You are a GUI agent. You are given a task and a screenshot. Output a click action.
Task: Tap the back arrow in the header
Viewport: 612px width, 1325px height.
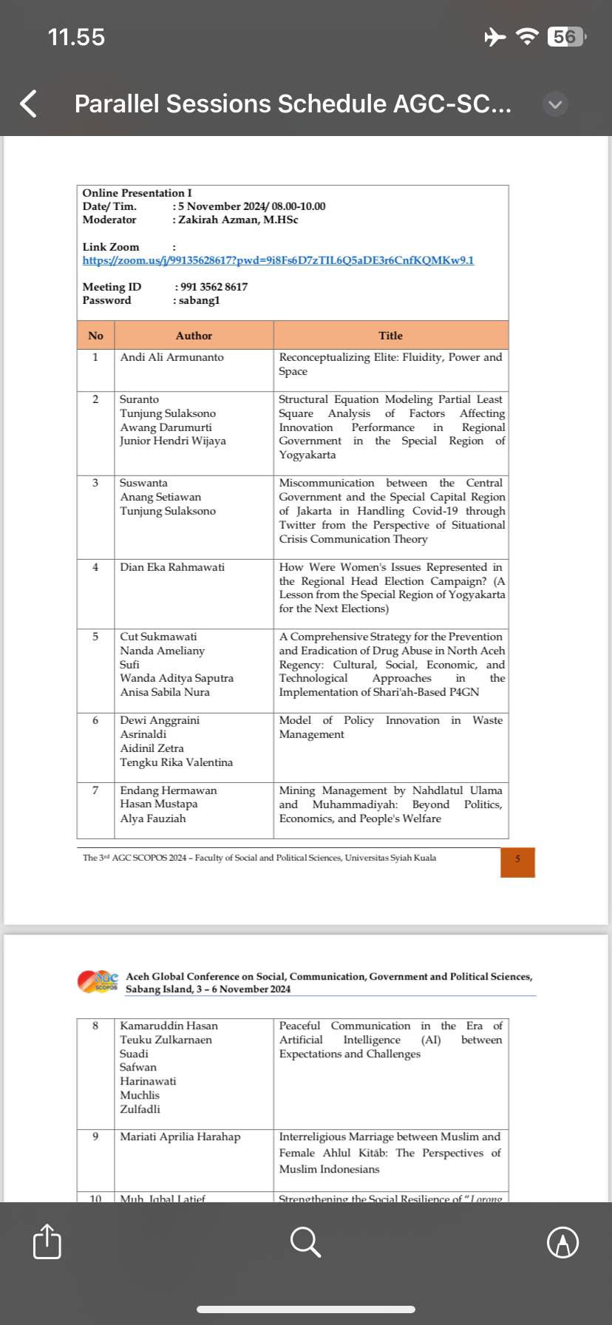click(x=29, y=104)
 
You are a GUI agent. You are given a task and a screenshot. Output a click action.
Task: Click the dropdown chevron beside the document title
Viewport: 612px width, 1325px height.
click(x=556, y=104)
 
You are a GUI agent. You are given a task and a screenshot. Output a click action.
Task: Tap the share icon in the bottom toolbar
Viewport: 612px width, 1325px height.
click(x=47, y=1241)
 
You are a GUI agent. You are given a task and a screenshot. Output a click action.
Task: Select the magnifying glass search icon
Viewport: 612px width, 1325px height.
click(x=305, y=1241)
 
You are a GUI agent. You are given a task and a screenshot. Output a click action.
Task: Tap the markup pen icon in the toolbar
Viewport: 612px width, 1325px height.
click(x=562, y=1241)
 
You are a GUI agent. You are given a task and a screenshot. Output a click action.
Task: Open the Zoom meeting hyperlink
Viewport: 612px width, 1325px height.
click(x=278, y=260)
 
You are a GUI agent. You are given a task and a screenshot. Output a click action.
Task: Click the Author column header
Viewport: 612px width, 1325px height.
click(x=194, y=336)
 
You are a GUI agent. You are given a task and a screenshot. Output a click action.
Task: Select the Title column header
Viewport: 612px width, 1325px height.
click(x=390, y=336)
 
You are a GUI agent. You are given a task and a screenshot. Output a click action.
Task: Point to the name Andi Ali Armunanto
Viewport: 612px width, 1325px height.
click(x=171, y=357)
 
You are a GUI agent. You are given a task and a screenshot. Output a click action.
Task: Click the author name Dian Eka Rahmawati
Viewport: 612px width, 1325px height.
click(x=172, y=567)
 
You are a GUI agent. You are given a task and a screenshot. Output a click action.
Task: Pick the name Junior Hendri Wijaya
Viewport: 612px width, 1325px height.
click(x=173, y=441)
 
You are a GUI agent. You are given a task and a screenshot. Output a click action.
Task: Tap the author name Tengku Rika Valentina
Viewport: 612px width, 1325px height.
click(x=176, y=762)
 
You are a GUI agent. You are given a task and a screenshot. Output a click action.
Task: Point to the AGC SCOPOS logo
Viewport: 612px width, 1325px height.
click(x=98, y=981)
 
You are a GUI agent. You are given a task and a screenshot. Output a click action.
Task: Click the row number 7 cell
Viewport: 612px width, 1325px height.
click(x=95, y=790)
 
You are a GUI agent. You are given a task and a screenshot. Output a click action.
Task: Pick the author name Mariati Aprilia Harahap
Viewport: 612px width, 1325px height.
click(x=180, y=1136)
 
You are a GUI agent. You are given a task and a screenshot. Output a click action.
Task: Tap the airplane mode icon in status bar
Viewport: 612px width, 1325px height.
click(x=494, y=36)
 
